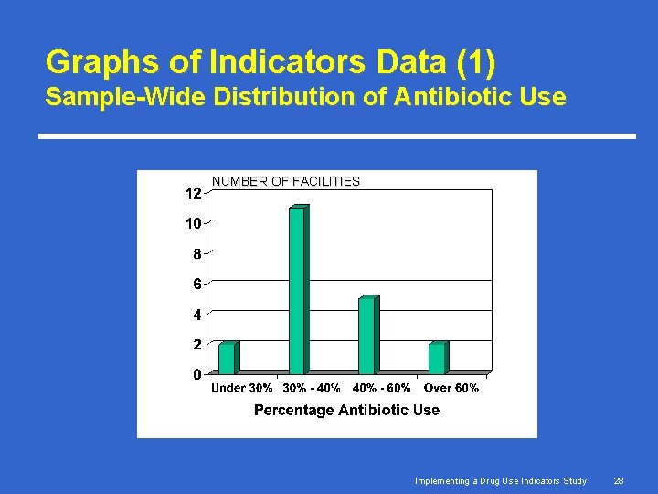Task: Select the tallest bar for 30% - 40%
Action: [297, 290]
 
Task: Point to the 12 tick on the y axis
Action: [193, 194]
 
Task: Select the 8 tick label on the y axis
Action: [196, 254]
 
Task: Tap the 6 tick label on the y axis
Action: [196, 285]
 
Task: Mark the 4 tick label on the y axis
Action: [196, 315]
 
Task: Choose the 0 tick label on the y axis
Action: [196, 374]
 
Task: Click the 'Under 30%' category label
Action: [242, 388]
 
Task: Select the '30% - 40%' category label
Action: [312, 388]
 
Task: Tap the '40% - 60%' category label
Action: [381, 388]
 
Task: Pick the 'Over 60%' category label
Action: [451, 388]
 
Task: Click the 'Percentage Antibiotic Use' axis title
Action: [346, 410]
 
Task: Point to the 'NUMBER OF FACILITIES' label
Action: [286, 181]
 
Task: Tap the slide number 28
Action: [619, 480]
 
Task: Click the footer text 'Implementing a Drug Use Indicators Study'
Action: [501, 480]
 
